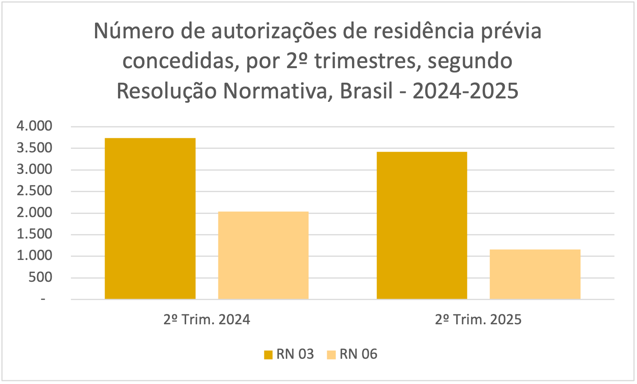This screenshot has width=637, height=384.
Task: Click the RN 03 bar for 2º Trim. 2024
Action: (x=150, y=218)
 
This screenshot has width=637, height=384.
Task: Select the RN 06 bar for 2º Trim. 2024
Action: (x=263, y=255)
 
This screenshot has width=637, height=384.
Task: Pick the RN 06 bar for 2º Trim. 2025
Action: (x=535, y=274)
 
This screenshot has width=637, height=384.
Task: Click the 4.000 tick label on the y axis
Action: (x=34, y=126)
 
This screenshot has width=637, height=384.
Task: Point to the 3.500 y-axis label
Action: (x=34, y=148)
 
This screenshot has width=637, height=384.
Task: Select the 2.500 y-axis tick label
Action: (x=34, y=191)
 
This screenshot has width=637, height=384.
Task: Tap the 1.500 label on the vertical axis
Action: (x=34, y=234)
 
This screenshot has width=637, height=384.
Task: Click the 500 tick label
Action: (x=40, y=277)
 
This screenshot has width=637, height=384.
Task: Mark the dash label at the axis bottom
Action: (x=43, y=299)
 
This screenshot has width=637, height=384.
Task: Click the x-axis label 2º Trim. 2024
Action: (x=206, y=319)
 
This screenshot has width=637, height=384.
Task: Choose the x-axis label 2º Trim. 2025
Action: (x=478, y=319)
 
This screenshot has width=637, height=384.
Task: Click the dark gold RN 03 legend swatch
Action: (x=268, y=355)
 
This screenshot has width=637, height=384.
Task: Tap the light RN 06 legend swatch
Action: (x=331, y=355)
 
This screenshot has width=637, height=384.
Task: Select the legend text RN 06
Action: (x=358, y=354)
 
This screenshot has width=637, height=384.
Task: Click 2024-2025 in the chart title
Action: (x=465, y=91)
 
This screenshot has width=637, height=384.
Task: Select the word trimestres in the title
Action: (x=365, y=61)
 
